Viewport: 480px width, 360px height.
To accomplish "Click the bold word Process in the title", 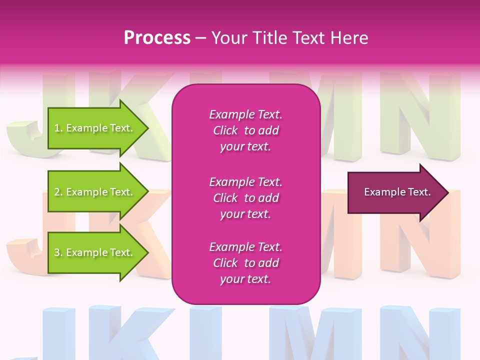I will pos(157,38).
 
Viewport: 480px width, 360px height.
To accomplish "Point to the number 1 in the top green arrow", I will pos(57,128).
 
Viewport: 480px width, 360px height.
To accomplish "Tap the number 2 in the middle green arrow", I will pos(57,192).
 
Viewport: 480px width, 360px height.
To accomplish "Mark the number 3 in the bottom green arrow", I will pos(57,252).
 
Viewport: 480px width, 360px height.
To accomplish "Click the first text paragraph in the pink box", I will pos(245,130).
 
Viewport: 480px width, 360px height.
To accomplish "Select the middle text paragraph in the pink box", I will pos(245,198).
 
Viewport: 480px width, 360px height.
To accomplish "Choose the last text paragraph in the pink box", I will pos(245,263).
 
